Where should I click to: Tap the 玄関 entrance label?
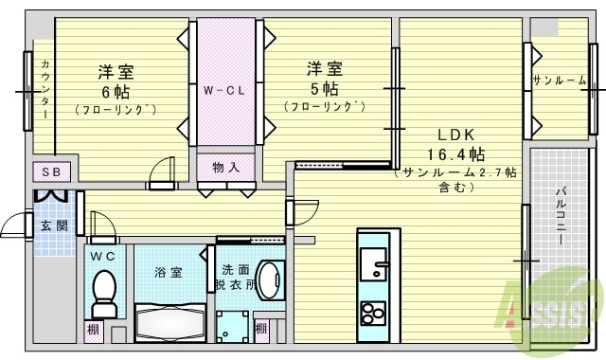coord(52,225)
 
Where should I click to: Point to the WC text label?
coord(103,256)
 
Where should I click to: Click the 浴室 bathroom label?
coord(169,272)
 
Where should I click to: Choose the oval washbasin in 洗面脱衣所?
coord(270,281)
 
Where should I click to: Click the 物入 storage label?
coord(225,167)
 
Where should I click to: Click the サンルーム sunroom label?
coord(559,81)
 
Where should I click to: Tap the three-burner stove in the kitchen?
coord(371,311)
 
